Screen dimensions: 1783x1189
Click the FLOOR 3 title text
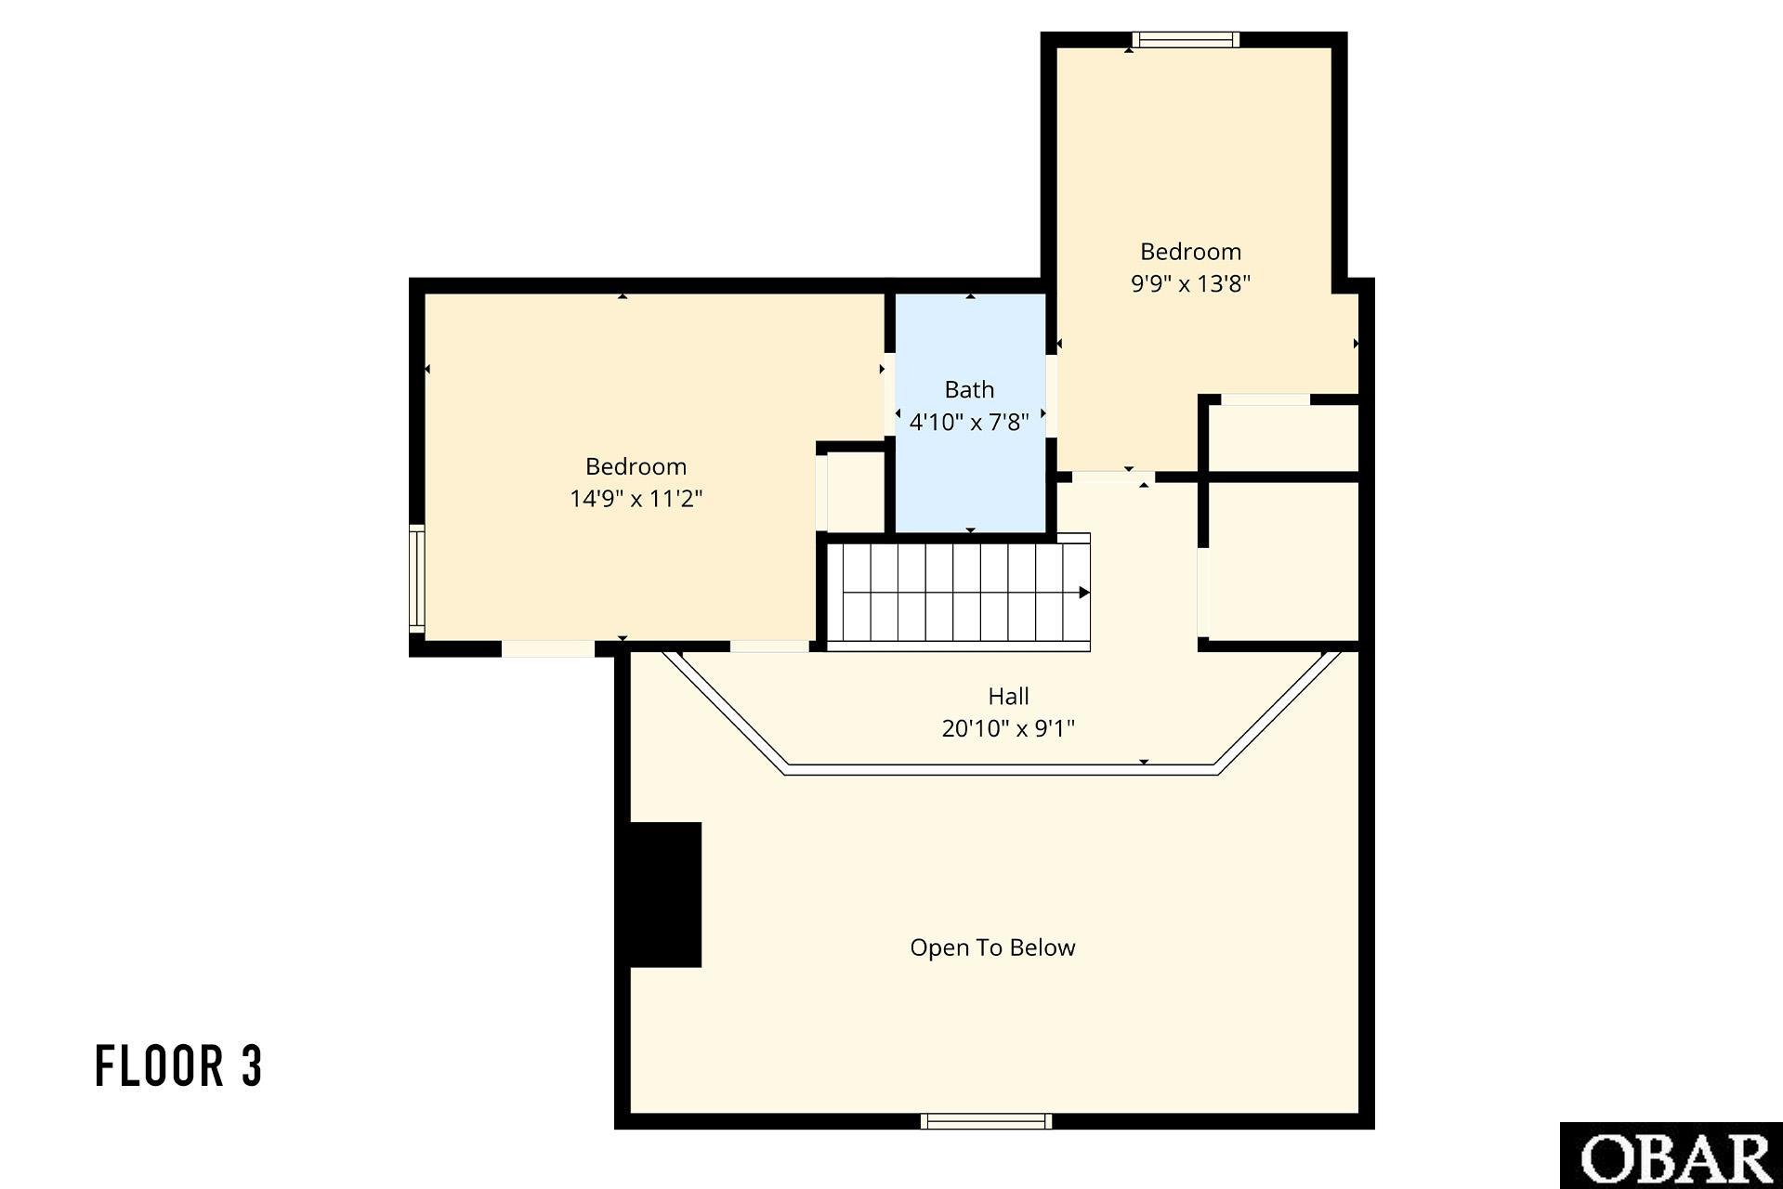179,1065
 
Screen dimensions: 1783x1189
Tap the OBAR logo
1672,1156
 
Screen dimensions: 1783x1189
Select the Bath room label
969,389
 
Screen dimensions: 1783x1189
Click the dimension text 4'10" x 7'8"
969,422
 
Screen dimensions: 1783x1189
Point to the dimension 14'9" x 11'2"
636,499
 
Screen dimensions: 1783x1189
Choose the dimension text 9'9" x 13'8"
1190,283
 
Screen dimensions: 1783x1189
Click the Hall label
1008,696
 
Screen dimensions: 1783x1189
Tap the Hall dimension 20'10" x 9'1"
1008,728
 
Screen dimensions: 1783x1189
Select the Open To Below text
992,947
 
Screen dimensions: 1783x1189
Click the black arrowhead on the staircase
1083,593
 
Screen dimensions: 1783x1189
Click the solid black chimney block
665,895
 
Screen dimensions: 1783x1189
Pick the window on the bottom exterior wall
986,1121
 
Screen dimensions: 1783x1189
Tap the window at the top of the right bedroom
1186,40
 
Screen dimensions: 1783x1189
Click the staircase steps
958,593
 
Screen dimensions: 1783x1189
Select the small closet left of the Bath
855,491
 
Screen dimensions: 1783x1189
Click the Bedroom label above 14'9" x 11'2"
636,466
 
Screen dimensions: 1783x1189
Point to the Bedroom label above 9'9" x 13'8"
1190,252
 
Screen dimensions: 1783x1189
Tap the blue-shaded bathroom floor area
970,413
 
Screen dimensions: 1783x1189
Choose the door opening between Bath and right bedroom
1052,396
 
